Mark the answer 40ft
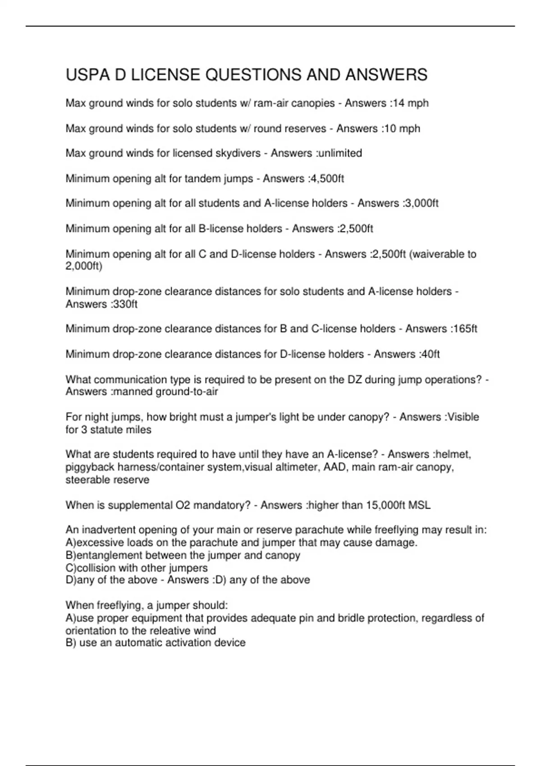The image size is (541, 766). [x=429, y=354]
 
